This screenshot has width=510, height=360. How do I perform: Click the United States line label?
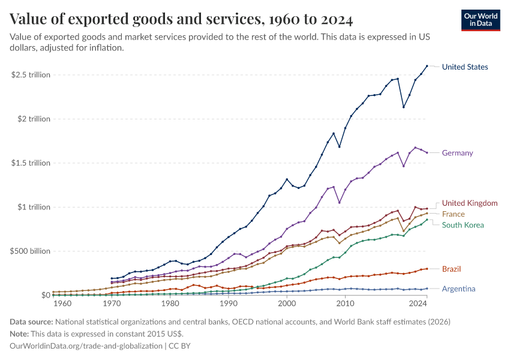point(464,67)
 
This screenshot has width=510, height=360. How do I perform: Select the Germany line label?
point(457,153)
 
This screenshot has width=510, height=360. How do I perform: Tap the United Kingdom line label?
point(469,203)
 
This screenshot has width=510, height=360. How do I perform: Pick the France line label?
point(453,214)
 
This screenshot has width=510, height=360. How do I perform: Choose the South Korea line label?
point(463,225)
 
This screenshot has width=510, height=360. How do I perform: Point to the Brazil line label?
point(451,269)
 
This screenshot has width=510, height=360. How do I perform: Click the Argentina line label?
point(458,289)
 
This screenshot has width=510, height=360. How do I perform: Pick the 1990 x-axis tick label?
point(228,304)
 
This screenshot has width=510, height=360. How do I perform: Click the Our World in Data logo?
point(481,20)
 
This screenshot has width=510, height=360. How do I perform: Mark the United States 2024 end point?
point(427,66)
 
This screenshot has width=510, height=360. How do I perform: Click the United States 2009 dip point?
point(340,146)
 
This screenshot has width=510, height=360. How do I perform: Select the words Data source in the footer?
point(33,322)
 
